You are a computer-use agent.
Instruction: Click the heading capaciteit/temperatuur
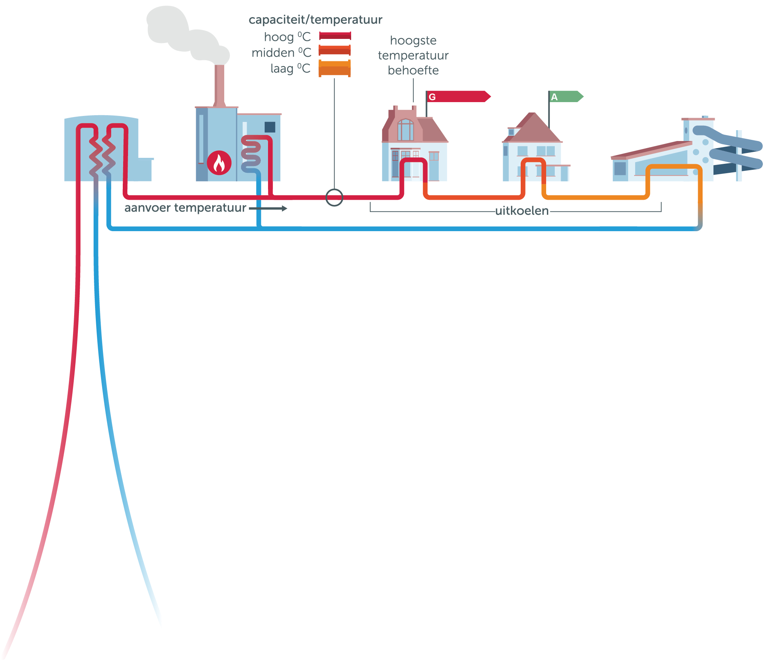(315, 19)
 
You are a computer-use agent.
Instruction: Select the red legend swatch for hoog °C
(335, 36)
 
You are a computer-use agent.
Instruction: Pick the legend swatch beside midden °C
(335, 50)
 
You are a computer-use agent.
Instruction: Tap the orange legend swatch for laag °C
(335, 68)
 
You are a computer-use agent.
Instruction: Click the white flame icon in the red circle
(219, 163)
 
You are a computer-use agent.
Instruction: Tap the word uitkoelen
(521, 211)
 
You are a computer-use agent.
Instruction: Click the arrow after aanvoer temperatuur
(268, 209)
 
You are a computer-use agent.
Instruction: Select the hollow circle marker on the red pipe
(334, 197)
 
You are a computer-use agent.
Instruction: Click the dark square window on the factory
(270, 127)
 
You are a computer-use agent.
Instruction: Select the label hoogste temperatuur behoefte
(413, 55)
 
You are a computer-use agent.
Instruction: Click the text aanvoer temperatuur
(185, 208)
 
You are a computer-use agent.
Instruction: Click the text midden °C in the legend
(281, 53)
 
